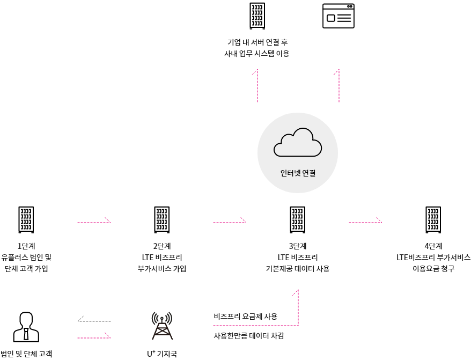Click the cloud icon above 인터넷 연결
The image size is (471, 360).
(x=298, y=142)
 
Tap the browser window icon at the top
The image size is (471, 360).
(x=338, y=16)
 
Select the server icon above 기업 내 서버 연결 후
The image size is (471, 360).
(x=257, y=16)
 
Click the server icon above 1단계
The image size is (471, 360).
(x=26, y=219)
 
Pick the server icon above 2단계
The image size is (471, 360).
(x=162, y=219)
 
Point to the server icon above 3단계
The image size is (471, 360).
(x=298, y=219)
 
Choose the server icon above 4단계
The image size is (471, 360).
(x=433, y=219)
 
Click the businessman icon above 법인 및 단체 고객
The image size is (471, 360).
(x=26, y=327)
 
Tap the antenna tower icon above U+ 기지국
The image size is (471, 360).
(x=162, y=326)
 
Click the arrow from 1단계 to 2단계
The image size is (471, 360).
(x=94, y=222)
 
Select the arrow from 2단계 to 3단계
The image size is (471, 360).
(x=230, y=222)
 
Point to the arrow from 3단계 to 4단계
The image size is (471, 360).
(x=365, y=222)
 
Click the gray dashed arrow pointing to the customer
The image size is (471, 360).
(x=94, y=321)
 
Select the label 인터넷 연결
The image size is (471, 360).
(x=298, y=173)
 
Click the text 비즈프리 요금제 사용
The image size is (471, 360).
(x=245, y=317)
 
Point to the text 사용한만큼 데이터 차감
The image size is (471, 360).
(x=249, y=336)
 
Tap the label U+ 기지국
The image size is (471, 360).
(x=162, y=354)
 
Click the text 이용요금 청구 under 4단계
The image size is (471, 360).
(x=433, y=268)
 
